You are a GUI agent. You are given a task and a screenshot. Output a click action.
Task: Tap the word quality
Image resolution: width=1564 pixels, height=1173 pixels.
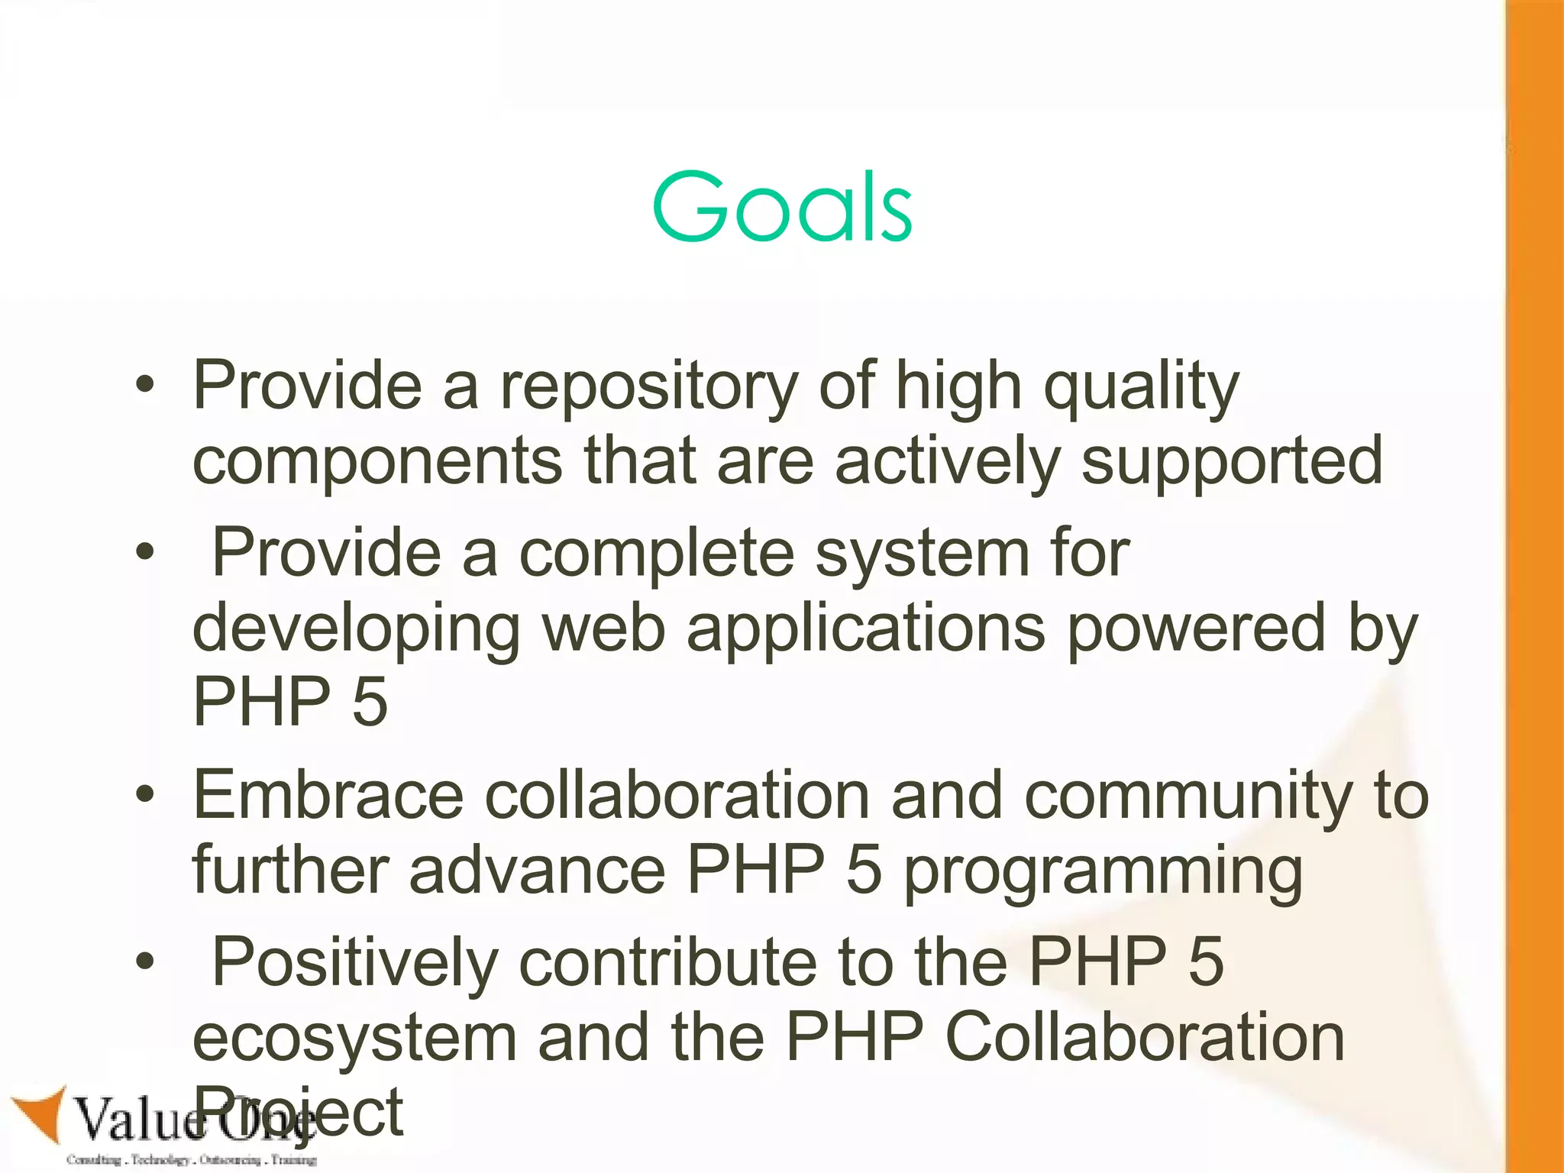pos(1141,386)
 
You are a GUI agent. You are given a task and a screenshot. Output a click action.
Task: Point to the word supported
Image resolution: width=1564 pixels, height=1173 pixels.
pos(1232,461)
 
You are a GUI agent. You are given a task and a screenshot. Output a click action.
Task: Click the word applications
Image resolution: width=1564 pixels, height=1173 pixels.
pos(865,628)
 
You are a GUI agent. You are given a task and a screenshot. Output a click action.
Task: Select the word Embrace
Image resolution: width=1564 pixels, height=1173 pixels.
pos(328,796)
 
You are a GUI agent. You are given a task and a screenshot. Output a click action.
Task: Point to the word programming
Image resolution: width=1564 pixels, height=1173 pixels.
pos(1103,871)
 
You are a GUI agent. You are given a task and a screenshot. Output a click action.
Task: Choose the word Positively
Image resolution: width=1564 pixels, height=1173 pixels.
pos(355,962)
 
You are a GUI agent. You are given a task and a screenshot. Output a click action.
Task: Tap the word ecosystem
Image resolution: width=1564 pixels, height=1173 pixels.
pos(355,1037)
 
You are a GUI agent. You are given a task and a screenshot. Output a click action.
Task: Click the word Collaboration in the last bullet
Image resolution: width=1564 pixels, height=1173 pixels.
pos(1144,1037)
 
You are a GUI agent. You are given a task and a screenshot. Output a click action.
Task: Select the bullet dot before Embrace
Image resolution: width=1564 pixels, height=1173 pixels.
pos(145,796)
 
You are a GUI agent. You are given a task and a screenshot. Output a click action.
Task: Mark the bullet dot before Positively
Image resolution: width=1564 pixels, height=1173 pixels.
pos(145,962)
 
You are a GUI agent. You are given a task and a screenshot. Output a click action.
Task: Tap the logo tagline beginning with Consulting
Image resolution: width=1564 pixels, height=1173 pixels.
pos(191,1160)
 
